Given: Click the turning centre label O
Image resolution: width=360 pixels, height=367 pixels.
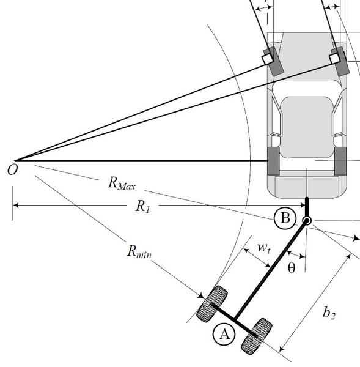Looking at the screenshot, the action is pos(12,169).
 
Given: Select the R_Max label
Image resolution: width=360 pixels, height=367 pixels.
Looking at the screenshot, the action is pos(122,183).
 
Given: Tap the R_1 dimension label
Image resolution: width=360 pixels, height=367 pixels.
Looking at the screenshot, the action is pos(142,207).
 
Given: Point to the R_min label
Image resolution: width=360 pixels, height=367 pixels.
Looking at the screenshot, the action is pos(139,251).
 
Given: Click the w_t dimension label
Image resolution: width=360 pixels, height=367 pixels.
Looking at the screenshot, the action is pos(264,248).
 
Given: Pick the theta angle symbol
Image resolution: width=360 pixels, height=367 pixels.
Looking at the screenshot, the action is pos(292,268).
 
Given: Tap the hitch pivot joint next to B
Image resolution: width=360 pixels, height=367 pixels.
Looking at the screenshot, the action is pos(307,220).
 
